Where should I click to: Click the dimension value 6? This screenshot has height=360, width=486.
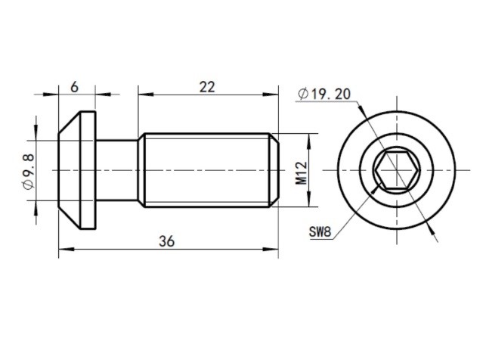point(75,87)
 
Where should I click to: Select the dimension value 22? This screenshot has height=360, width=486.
point(206,87)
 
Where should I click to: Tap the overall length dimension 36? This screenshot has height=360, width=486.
point(167,241)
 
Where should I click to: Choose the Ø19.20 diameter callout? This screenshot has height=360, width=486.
point(325,95)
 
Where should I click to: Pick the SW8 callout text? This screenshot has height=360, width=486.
point(320,231)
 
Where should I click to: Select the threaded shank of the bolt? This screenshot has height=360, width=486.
point(204,171)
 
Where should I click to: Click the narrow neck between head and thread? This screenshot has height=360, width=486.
point(117,171)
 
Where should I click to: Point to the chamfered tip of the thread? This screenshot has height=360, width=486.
point(275,171)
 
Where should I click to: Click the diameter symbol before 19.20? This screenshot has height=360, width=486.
point(303,95)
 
